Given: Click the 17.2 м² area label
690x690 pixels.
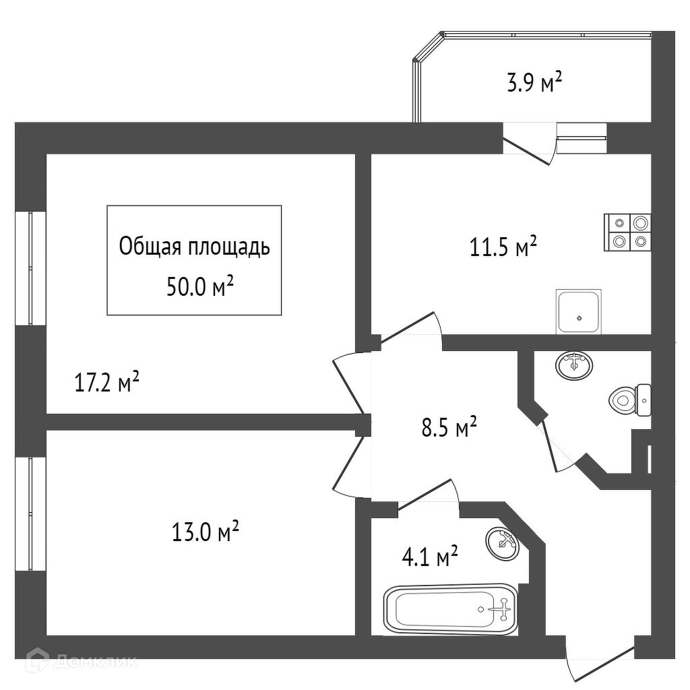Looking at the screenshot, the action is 107,382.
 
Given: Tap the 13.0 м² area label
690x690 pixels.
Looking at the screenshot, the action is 205,532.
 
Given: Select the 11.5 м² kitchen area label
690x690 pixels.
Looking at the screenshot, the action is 503,247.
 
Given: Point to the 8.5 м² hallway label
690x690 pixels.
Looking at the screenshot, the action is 449,427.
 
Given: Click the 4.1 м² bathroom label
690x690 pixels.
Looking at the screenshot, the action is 430,556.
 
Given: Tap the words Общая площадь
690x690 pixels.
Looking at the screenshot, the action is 194,247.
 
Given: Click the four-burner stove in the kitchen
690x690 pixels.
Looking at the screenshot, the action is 627,232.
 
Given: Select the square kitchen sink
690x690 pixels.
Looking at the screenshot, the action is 579,311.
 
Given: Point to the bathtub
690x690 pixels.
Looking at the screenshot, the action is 451,609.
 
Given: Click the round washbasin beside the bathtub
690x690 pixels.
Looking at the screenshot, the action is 503,542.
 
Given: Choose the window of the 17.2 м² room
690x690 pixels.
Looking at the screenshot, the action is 30,268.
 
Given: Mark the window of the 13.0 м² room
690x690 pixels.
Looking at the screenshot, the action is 30,514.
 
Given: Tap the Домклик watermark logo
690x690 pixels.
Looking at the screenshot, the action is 82,660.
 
